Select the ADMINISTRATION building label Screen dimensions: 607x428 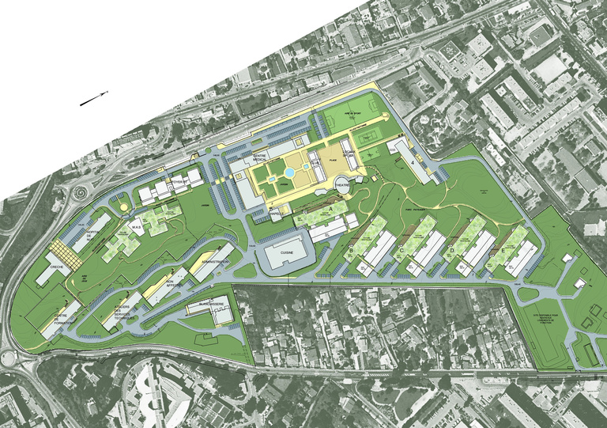point(215,261)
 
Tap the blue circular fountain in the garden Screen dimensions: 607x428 point(290,171)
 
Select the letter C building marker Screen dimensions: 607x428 point(402,252)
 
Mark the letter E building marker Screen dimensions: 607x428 point(503,252)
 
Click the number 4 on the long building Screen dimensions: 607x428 point(412,162)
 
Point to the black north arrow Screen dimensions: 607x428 point(93,99)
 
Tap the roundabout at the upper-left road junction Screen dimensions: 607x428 point(81,193)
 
